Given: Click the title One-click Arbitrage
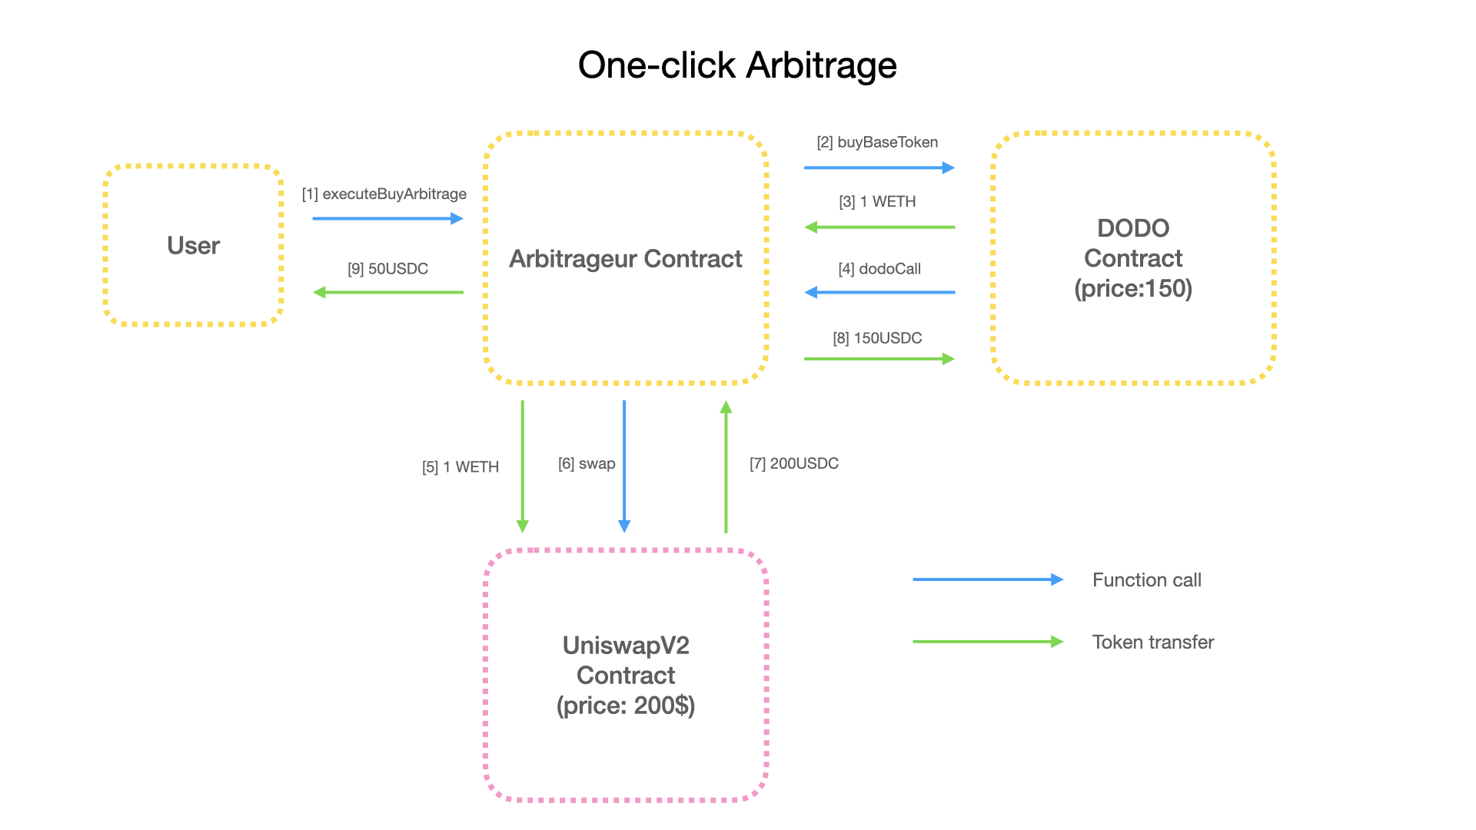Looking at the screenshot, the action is (x=737, y=65).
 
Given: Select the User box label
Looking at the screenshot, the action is (x=194, y=245).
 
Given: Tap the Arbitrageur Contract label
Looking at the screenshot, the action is (x=626, y=259).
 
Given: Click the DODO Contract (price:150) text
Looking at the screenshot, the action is (x=1133, y=258).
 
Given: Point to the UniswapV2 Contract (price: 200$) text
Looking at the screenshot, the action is (x=626, y=676).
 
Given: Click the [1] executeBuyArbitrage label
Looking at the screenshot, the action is (x=384, y=194).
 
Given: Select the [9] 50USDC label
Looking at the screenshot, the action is (x=388, y=269).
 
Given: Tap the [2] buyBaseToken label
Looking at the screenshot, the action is (x=877, y=142).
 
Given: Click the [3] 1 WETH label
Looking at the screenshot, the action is (x=877, y=201).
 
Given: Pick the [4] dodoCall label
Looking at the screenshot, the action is (x=879, y=269).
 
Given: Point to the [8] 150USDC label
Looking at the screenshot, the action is (x=877, y=338).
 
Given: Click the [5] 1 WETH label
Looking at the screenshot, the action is (x=460, y=467).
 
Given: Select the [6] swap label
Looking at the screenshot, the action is (x=587, y=463).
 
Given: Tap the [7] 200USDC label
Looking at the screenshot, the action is (x=794, y=463).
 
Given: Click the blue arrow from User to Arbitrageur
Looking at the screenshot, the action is (x=388, y=219).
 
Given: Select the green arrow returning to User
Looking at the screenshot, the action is (x=388, y=292).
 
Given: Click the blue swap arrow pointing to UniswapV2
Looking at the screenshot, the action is (x=624, y=466).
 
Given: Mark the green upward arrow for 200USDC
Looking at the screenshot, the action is (x=726, y=466).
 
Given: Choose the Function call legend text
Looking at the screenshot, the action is (x=1147, y=580).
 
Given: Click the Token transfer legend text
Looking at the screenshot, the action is (x=1153, y=642).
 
